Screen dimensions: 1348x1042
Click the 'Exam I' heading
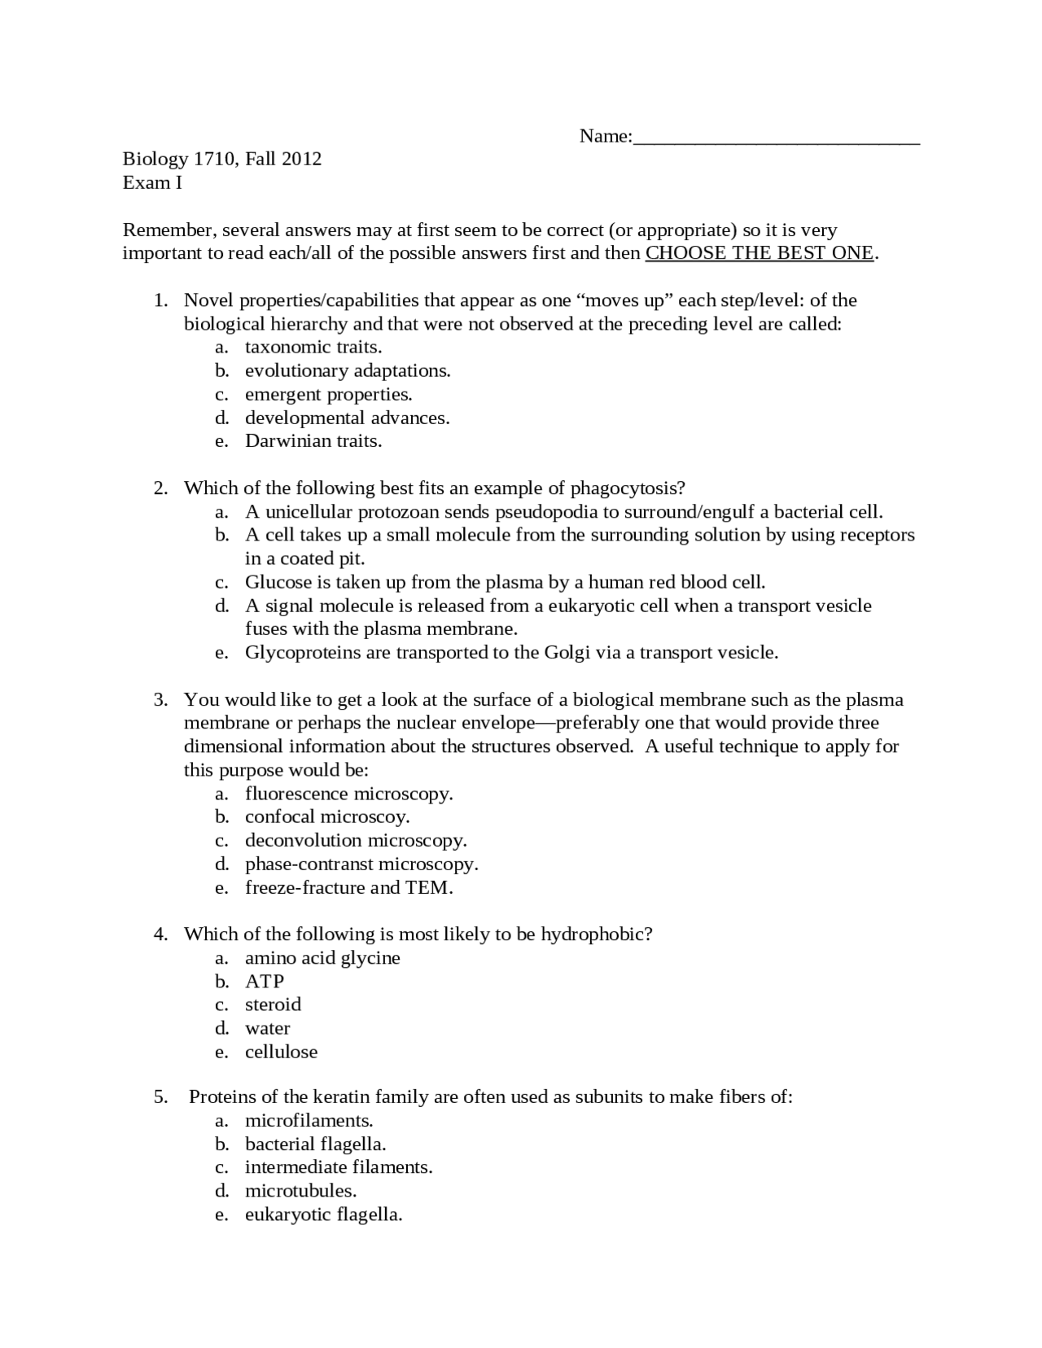tap(152, 182)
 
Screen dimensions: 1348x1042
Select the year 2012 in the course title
tap(302, 159)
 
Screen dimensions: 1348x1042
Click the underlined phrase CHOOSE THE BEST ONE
tap(760, 253)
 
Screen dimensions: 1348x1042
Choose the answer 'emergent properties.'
tap(328, 395)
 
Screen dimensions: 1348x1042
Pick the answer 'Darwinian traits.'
tap(313, 441)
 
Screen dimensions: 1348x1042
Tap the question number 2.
tap(160, 488)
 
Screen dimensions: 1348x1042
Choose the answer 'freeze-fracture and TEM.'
tap(348, 888)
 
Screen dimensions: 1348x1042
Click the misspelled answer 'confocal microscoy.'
tap(327, 817)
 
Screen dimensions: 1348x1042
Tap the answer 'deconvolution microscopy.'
tap(356, 841)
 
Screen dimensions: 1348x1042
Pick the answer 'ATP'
tap(265, 982)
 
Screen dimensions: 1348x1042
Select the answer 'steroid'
tap(273, 1005)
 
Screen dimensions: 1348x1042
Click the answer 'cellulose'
tap(281, 1053)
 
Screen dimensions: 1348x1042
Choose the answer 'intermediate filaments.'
tap(339, 1168)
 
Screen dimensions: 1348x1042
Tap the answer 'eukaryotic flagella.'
tap(323, 1215)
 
